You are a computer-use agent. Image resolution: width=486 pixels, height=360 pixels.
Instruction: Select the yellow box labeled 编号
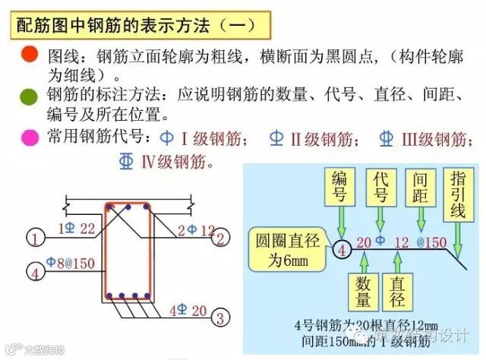point(339,188)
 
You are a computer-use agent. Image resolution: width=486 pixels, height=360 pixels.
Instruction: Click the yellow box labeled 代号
point(381,188)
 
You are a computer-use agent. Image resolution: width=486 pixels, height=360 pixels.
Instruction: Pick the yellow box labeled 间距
point(420,188)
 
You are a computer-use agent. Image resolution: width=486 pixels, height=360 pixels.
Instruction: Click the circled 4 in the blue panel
point(342,248)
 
